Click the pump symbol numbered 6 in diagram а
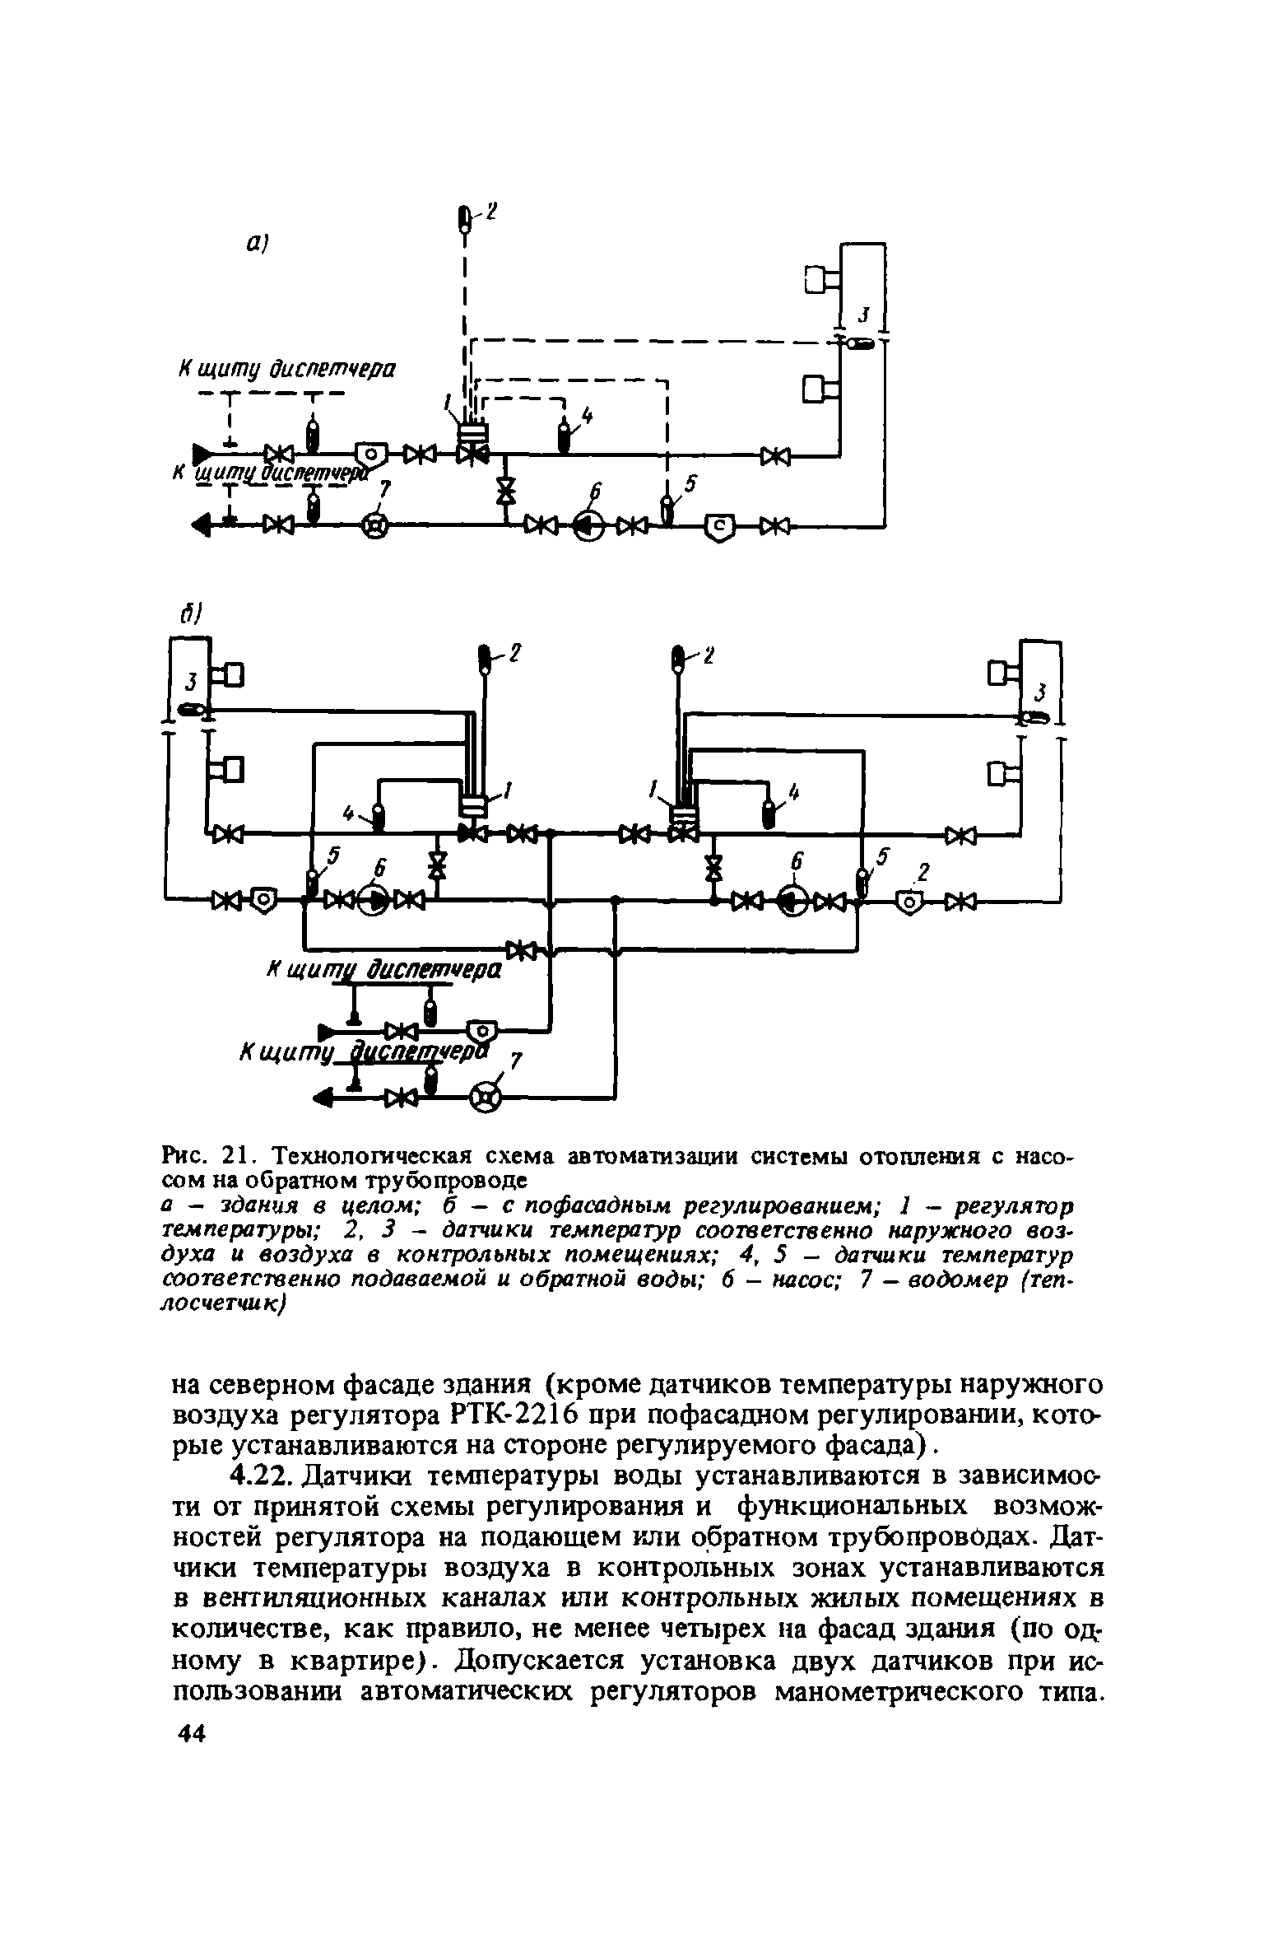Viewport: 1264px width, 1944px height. [589, 524]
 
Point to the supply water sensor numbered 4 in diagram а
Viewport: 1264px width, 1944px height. [565, 435]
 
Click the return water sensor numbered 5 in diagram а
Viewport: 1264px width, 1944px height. [668, 508]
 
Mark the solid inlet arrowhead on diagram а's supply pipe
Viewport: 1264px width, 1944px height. [200, 453]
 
